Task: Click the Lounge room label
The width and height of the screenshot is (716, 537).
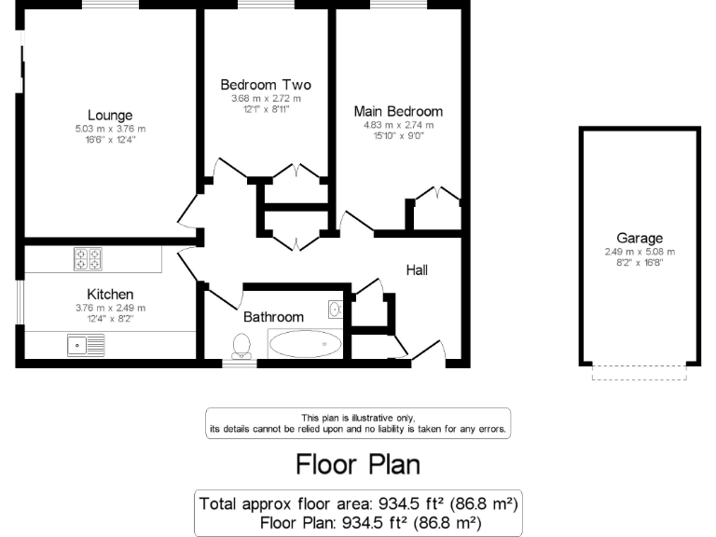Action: tap(110, 116)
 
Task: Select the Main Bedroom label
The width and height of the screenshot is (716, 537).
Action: tap(398, 111)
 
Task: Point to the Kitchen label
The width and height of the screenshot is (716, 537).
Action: tap(110, 294)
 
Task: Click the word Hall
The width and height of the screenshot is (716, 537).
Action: tap(417, 270)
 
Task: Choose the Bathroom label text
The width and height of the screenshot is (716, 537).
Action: tap(273, 317)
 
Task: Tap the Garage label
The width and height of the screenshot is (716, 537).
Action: tap(640, 238)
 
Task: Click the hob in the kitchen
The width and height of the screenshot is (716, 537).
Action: tap(89, 258)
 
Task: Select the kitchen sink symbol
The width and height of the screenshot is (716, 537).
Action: tap(86, 346)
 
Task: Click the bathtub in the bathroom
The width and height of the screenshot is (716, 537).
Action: tap(305, 344)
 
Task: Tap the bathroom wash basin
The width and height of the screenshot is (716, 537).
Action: tap(335, 309)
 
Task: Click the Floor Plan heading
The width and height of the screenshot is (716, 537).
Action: tap(357, 463)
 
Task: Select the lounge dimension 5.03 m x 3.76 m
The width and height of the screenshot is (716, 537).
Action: tap(110, 129)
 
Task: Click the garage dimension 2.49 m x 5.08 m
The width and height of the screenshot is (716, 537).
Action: tap(640, 252)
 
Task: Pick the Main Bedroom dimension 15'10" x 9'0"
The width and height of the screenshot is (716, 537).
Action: tap(398, 136)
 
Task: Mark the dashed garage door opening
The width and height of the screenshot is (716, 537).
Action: tap(640, 373)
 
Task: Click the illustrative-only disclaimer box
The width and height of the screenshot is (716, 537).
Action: tap(357, 423)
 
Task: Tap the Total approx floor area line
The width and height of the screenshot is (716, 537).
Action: tap(357, 503)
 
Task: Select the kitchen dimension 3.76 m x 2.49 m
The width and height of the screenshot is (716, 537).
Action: tap(110, 308)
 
